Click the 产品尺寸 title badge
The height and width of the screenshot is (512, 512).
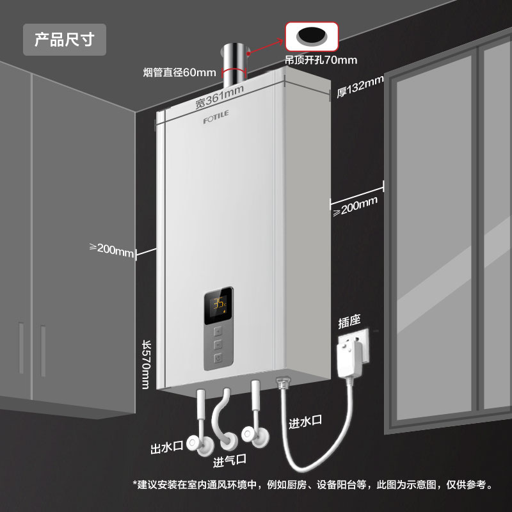[x=65, y=40]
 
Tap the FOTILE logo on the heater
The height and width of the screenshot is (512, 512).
[x=216, y=117]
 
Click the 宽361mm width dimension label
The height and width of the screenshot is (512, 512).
[x=220, y=97]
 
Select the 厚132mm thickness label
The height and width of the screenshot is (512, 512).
[x=360, y=86]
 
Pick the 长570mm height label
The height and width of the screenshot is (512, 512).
[x=147, y=365]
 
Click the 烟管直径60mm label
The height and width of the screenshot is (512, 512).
[x=179, y=72]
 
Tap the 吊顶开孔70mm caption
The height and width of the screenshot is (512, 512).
[x=321, y=60]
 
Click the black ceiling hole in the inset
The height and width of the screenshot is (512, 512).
[x=312, y=35]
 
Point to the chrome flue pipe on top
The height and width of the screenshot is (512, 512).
[x=234, y=66]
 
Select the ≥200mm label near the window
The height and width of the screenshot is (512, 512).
[x=355, y=206]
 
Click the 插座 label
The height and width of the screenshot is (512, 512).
[x=349, y=321]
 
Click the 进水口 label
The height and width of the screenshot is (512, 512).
[x=305, y=422]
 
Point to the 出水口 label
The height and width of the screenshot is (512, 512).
[x=166, y=447]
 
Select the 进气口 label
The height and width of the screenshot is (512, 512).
[x=229, y=460]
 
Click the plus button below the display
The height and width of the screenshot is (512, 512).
[x=218, y=332]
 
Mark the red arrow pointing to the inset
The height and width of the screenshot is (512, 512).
[x=266, y=46]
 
